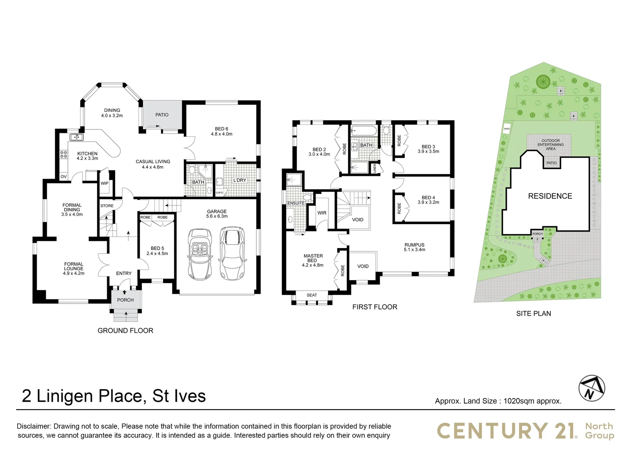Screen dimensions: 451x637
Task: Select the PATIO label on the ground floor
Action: [x=162, y=115]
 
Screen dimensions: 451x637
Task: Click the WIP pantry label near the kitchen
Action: [x=104, y=183]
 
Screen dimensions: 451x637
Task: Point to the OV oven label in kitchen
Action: [x=63, y=177]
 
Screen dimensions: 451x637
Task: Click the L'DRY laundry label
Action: [x=240, y=180]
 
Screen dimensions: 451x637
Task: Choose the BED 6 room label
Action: [x=221, y=129]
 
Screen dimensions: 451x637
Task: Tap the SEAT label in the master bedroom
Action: [x=311, y=295]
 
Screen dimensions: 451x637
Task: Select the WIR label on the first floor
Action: [x=322, y=213]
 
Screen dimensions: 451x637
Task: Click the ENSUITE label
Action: [x=296, y=203]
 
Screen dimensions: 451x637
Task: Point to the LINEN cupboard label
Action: [x=375, y=168]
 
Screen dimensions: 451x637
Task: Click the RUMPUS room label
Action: [x=414, y=245]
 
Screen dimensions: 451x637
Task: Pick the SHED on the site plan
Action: [x=507, y=129]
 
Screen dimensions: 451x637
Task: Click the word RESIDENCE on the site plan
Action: [x=550, y=196]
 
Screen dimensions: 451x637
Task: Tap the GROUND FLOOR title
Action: [x=125, y=331]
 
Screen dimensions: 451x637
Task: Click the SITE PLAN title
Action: [x=533, y=314]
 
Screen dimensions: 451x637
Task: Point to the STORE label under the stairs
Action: [x=107, y=206]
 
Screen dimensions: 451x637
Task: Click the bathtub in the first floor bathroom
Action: [x=364, y=131]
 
